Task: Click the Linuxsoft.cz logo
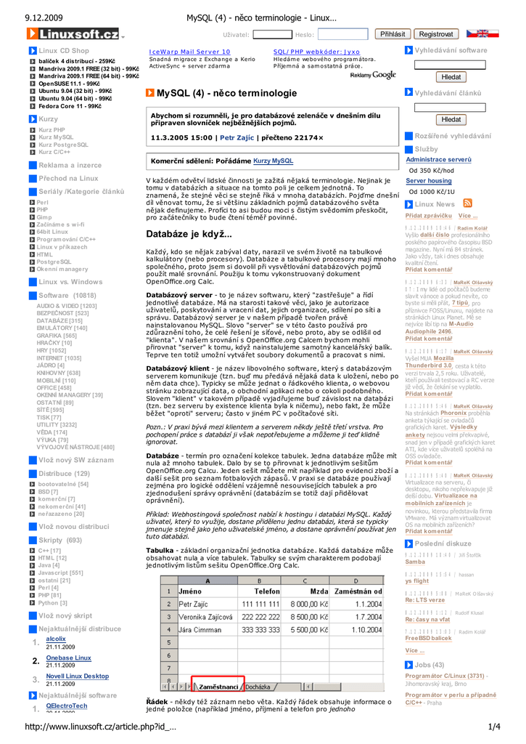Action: click(x=73, y=34)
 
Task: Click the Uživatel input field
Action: click(x=272, y=34)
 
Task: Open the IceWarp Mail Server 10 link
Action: click(x=189, y=52)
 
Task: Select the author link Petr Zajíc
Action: click(x=237, y=137)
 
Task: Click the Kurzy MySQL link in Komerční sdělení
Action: click(x=273, y=161)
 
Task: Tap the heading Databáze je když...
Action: click(x=189, y=234)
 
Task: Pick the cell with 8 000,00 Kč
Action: click(x=308, y=603)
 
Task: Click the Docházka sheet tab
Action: click(x=258, y=686)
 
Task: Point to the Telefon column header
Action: click(x=266, y=591)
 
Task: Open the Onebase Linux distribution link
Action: click(x=68, y=658)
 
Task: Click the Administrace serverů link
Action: click(x=438, y=159)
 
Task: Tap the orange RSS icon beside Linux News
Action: click(x=467, y=203)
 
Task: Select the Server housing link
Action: click(x=428, y=180)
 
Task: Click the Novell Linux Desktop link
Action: click(x=77, y=676)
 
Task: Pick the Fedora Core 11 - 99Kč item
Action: click(x=70, y=106)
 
